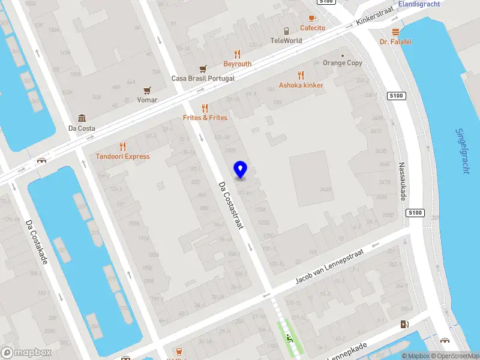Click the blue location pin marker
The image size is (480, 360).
pos(241,169)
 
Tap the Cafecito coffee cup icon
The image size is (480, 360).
pos(312,19)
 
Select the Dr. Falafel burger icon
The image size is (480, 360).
pos(395,32)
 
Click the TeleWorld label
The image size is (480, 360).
pos(286,41)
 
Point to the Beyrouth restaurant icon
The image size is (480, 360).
pos(237,54)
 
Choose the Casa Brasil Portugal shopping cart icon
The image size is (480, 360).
pos(203,68)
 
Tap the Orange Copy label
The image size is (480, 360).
pos(343,63)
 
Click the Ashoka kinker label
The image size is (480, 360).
pos(301,85)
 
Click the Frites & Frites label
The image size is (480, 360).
pos(205,118)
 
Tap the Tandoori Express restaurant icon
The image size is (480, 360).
pos(122,146)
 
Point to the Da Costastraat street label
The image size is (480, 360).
pos(230,205)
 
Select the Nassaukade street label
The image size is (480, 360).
pos(402,181)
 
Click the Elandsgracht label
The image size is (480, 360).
pos(419,4)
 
